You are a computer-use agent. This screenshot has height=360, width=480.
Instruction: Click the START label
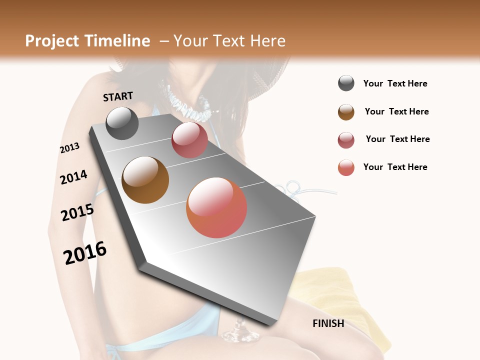pyautogui.click(x=118, y=96)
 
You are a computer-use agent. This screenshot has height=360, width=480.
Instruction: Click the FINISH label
pyautogui.click(x=328, y=323)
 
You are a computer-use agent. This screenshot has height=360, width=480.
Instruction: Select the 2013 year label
pyautogui.click(x=69, y=148)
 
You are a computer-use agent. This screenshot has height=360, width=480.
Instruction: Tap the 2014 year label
pyautogui.click(x=73, y=177)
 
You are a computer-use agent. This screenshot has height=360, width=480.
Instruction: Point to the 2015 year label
pyautogui.click(x=77, y=212)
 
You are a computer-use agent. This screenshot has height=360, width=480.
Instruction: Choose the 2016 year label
pyautogui.click(x=85, y=253)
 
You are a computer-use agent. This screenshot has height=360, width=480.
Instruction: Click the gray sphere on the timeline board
pyautogui.click(x=122, y=123)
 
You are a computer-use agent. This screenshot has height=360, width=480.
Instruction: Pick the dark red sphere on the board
pyautogui.click(x=189, y=140)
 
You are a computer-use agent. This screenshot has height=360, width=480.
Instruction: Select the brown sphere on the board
pyautogui.click(x=145, y=180)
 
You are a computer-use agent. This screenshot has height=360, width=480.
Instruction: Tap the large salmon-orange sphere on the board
pyautogui.click(x=216, y=207)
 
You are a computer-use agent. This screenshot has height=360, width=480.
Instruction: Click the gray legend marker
pyautogui.click(x=346, y=83)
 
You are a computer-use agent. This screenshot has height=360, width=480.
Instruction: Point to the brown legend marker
pyautogui.click(x=346, y=112)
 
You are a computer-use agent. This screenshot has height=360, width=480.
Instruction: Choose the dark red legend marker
pyautogui.click(x=346, y=140)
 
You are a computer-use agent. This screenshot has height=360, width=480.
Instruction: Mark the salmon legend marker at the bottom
pyautogui.click(x=346, y=167)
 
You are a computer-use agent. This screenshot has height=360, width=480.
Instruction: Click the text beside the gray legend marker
pyautogui.click(x=395, y=84)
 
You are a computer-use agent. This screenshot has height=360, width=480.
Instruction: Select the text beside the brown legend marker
pyautogui.click(x=396, y=111)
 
